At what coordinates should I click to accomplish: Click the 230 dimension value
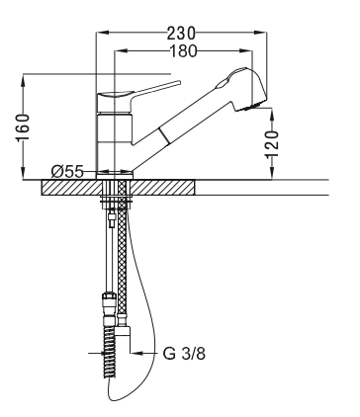click(x=181, y=33)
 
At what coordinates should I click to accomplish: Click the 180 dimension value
click(x=183, y=51)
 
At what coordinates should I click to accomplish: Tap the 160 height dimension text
click(x=23, y=127)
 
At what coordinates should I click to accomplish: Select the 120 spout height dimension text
click(x=272, y=144)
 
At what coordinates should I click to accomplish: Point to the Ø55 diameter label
click(x=67, y=171)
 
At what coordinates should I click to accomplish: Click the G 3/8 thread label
click(x=184, y=354)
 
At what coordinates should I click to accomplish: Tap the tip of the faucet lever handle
click(x=179, y=82)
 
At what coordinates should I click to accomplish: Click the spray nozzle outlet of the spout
click(x=249, y=108)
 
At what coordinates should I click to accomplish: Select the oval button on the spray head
click(x=223, y=83)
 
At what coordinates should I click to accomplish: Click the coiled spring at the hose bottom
click(x=109, y=352)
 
